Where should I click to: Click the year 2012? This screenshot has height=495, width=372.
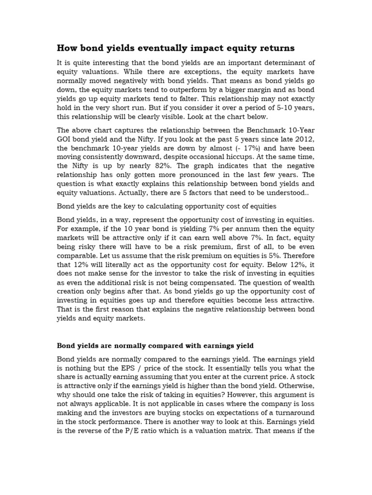pos(305,139)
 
